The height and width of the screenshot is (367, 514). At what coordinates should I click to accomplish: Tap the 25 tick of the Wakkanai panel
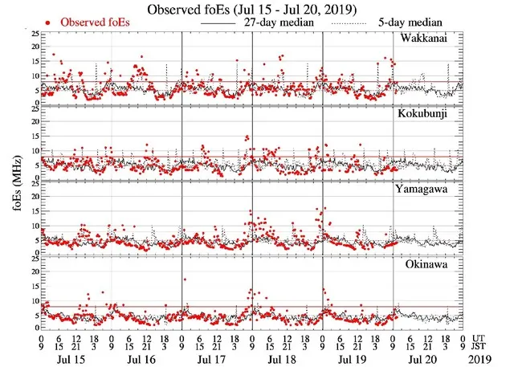33,34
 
